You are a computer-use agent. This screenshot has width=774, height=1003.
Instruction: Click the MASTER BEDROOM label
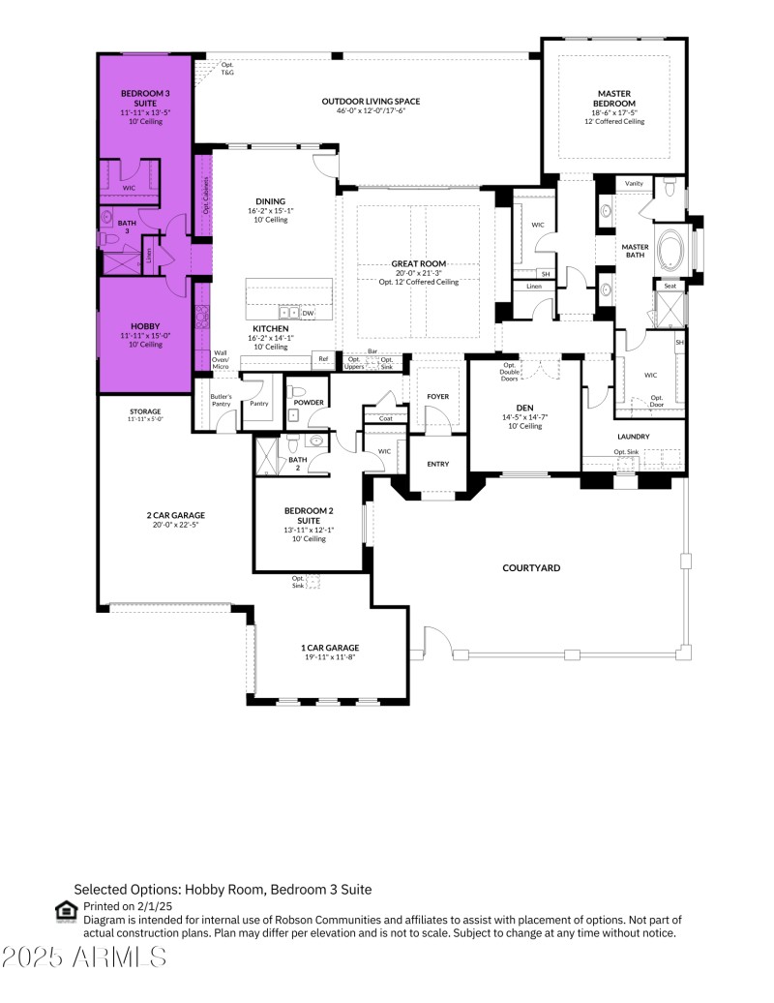[614, 99]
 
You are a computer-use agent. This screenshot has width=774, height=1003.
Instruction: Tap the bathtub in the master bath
[670, 252]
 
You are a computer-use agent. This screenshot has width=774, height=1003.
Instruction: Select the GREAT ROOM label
[418, 263]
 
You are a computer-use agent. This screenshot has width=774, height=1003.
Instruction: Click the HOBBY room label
[145, 326]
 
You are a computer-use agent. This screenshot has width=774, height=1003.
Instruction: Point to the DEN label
[524, 408]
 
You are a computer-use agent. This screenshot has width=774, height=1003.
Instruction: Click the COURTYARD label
[530, 568]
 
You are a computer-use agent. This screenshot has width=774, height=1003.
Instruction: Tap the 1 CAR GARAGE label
[330, 648]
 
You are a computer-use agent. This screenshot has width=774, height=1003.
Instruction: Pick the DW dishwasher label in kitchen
[308, 314]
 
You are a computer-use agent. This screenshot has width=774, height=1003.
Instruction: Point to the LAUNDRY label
[634, 437]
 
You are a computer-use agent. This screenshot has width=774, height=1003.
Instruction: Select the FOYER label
[438, 397]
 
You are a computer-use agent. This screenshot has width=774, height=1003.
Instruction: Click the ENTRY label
[438, 464]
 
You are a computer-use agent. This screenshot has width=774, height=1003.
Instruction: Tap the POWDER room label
[310, 403]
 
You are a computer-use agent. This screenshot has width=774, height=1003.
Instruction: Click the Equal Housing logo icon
[66, 910]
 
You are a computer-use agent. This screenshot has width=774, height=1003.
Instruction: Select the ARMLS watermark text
[85, 957]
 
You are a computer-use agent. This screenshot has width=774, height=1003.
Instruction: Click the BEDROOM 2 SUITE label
[309, 514]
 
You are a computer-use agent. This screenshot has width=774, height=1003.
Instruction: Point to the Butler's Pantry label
[221, 400]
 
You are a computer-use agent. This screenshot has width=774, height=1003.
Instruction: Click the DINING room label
[270, 200]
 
